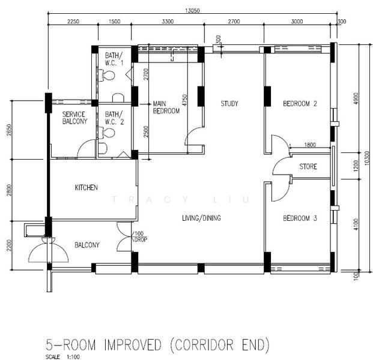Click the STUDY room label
point(229,104)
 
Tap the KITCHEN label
point(86,187)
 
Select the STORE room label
point(308,166)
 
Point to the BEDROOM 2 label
point(300,104)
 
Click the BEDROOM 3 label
point(300,218)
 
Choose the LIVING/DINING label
point(201,218)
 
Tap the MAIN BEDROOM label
point(166,107)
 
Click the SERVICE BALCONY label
point(74,118)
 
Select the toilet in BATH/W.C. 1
point(107,76)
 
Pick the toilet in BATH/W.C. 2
point(107,133)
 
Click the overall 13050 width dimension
point(192,10)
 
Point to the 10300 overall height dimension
point(367,158)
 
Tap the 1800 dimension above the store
point(310,145)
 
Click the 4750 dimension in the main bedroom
point(184,100)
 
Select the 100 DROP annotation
point(141,236)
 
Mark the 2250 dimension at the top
point(73,22)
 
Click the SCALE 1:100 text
point(63,357)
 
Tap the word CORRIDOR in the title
point(202,345)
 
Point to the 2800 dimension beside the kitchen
point(9,190)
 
